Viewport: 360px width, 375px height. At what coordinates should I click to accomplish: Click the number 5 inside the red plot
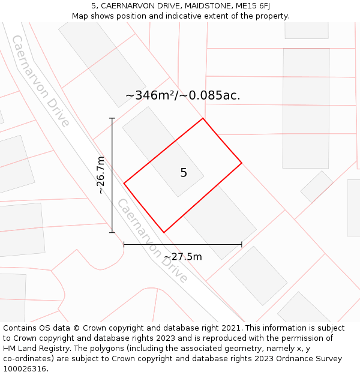pyautogui.click(x=184, y=173)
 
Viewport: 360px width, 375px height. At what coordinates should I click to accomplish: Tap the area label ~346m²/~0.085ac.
pyautogui.click(x=182, y=95)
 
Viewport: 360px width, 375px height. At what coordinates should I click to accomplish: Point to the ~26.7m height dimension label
pyautogui.click(x=100, y=175)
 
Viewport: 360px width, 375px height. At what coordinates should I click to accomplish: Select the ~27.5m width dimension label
pyautogui.click(x=183, y=257)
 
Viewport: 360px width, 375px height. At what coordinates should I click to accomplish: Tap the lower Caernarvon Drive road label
pyautogui.click(x=152, y=241)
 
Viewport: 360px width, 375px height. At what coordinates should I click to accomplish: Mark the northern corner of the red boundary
pyautogui.click(x=203, y=118)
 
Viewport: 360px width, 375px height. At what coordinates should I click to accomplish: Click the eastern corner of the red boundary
pyautogui.click(x=242, y=163)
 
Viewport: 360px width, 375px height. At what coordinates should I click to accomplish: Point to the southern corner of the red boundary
pyautogui.click(x=164, y=232)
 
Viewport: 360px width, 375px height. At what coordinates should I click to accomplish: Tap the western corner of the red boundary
pyautogui.click(x=124, y=182)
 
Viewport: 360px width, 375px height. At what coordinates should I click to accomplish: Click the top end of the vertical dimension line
pyautogui.click(x=112, y=118)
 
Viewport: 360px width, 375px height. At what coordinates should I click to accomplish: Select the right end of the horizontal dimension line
pyautogui.click(x=242, y=244)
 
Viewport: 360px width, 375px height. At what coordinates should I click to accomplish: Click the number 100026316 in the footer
pyautogui.click(x=24, y=369)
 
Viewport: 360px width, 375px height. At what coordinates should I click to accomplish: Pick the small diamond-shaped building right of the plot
pyautogui.click(x=317, y=187)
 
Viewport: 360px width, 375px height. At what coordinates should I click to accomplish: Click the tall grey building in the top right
pyautogui.click(x=306, y=99)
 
